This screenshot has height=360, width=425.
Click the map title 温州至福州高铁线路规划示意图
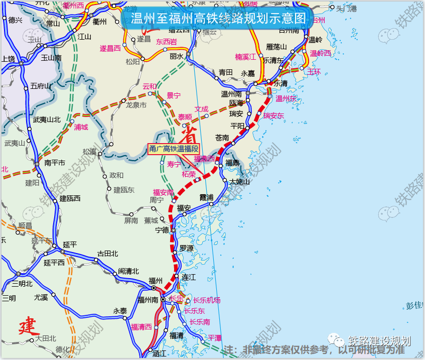click(x=218, y=19)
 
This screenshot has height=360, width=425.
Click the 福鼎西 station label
click(x=204, y=158)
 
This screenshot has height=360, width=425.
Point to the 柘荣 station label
click(x=189, y=174)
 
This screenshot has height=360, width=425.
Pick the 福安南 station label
click(x=163, y=192)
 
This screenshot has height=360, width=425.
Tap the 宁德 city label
click(x=162, y=230)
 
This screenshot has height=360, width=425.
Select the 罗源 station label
click(x=186, y=248)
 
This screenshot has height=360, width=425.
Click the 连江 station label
click(x=189, y=277)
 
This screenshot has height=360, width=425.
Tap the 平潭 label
click(x=215, y=338)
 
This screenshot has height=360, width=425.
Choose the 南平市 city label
click(x=55, y=163)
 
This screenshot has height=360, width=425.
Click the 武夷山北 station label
click(x=47, y=119)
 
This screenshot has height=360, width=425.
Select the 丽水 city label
click(x=176, y=56)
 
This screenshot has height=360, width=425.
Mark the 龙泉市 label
click(x=136, y=105)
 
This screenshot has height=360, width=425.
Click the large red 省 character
click(x=189, y=135)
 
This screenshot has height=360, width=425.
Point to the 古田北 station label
click(x=107, y=253)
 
